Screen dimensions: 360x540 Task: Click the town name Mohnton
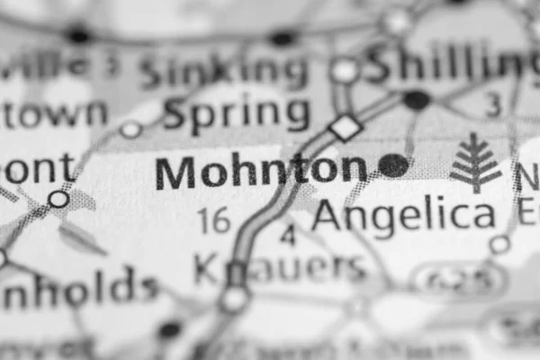(x=261, y=169)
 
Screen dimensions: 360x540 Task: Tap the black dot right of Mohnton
(x=393, y=165)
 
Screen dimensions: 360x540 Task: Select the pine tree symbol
(x=474, y=163)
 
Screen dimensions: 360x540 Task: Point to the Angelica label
(x=404, y=216)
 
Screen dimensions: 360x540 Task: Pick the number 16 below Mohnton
(x=214, y=220)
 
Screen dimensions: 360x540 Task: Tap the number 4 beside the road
(x=288, y=236)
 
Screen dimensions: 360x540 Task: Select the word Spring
(x=237, y=114)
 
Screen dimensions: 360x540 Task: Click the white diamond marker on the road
(x=346, y=127)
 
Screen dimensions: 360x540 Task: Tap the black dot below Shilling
(x=416, y=100)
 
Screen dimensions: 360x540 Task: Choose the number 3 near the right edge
(x=493, y=105)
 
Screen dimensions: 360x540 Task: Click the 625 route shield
(x=459, y=280)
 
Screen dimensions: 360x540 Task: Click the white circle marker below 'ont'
(x=59, y=199)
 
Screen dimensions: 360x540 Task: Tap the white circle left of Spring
(x=131, y=130)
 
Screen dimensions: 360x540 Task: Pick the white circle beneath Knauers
(x=234, y=298)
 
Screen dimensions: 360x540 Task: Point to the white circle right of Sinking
(x=344, y=70)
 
